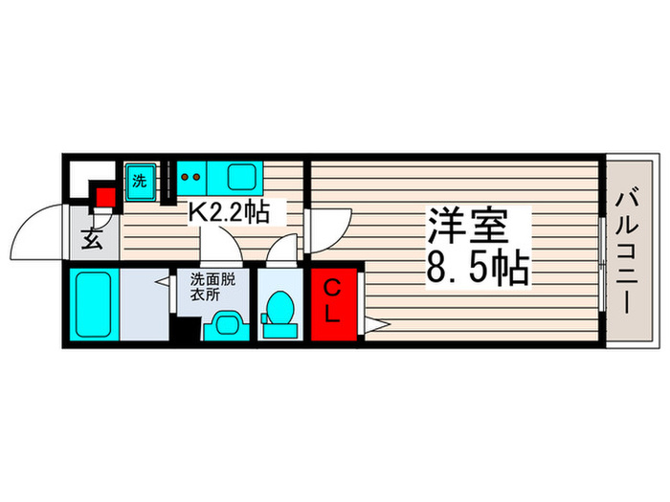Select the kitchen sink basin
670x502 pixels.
click(x=241, y=179)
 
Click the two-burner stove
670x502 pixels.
click(x=191, y=177)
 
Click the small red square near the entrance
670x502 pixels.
click(x=104, y=198)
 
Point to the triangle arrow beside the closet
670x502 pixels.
click(x=372, y=325)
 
